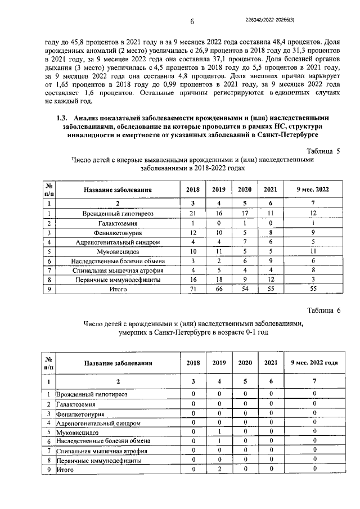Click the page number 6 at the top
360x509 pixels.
pyautogui.click(x=191, y=22)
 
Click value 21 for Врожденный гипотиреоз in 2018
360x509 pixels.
pyautogui.click(x=192, y=214)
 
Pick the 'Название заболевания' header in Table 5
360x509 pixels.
pyautogui.click(x=118, y=190)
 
